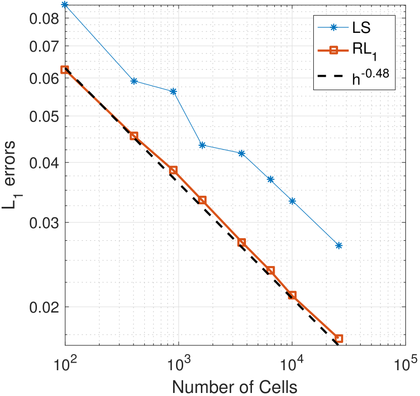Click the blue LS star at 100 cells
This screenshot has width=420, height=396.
coord(65,5)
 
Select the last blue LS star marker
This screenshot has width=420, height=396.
coord(339,245)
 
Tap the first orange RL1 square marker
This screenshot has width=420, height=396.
coord(65,70)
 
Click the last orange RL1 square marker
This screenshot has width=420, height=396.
coord(339,338)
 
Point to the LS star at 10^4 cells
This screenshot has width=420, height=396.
coord(292,201)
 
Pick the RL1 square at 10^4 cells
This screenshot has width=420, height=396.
coord(292,295)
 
